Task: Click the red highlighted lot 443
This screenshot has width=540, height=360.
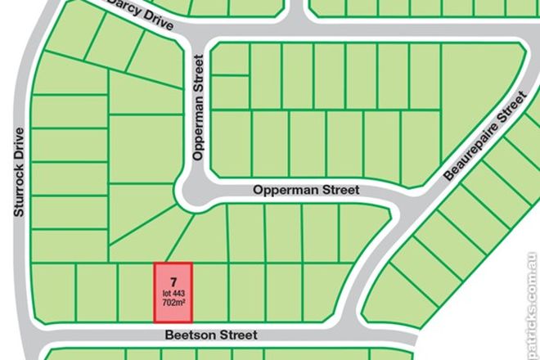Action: pyautogui.click(x=173, y=291)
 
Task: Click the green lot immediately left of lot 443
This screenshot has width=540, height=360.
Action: pyautogui.click(x=137, y=291)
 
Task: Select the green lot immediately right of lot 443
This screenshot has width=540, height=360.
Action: pyautogui.click(x=210, y=291)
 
